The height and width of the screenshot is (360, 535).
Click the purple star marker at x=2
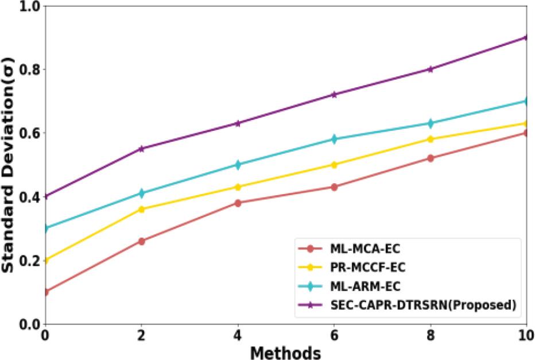click(x=141, y=149)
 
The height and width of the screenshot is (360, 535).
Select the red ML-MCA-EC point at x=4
click(x=238, y=203)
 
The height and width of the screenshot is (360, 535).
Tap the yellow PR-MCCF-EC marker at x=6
click(x=334, y=165)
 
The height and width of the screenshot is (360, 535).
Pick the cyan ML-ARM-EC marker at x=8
click(x=431, y=123)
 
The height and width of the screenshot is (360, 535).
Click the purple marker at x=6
click(x=334, y=94)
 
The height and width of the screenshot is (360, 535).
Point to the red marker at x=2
click(x=141, y=241)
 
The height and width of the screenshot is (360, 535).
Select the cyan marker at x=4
click(x=238, y=165)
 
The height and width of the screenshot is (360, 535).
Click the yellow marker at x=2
click(x=141, y=209)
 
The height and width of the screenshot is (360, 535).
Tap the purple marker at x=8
click(x=431, y=69)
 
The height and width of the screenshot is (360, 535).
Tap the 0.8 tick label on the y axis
click(x=26, y=69)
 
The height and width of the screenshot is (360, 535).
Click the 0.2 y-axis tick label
click(x=26, y=261)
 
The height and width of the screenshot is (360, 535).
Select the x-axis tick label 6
click(x=334, y=335)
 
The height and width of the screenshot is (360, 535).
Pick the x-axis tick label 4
click(x=238, y=335)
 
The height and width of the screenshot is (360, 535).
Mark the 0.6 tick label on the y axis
click(x=26, y=133)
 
